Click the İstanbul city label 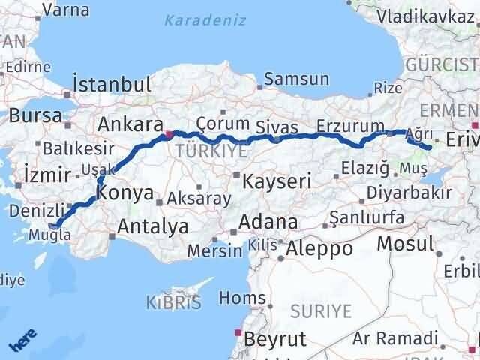pos(111,81)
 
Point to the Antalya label pos(154,225)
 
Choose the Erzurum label pos(350,124)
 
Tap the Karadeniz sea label pos(205,20)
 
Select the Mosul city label pos(406,243)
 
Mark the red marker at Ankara pos(169,135)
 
